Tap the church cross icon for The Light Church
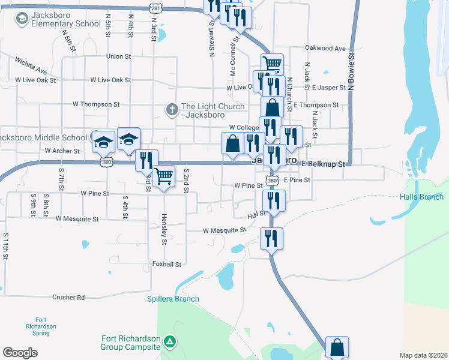[x=172, y=110]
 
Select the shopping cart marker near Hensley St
[x=163, y=176]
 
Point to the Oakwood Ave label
[x=326, y=48]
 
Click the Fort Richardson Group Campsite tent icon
[x=171, y=342]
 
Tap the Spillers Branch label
[x=173, y=299]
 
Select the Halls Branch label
[x=422, y=197]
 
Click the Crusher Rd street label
[x=68, y=297]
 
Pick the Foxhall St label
[x=167, y=264]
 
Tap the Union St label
[x=118, y=56]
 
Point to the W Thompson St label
[x=96, y=104]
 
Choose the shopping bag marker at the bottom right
[x=337, y=347]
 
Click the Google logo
[x=20, y=353]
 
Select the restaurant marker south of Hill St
[x=271, y=238]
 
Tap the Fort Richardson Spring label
[x=45, y=326]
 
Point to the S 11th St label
[x=5, y=246]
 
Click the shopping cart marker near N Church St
[x=272, y=63]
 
